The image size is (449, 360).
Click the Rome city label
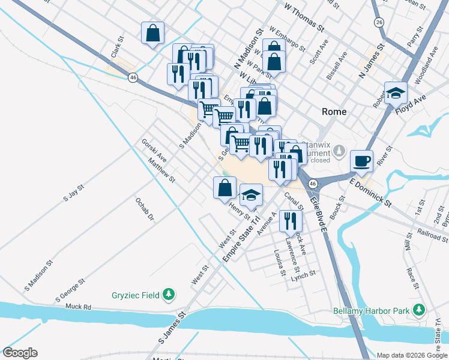pyautogui.click(x=334, y=112)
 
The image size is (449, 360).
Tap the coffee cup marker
pyautogui.click(x=361, y=160)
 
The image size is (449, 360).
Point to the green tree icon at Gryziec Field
pyautogui.click(x=170, y=294)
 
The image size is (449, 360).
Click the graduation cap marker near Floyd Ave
pyautogui.click(x=396, y=93)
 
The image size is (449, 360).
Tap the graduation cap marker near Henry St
pyautogui.click(x=252, y=194)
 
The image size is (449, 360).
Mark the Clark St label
pyautogui.click(x=116, y=49)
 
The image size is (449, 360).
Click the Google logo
pyautogui.click(x=20, y=353)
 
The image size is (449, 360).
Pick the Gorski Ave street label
pyautogui.click(x=154, y=150)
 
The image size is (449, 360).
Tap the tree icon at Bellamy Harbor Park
pyautogui.click(x=418, y=310)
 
